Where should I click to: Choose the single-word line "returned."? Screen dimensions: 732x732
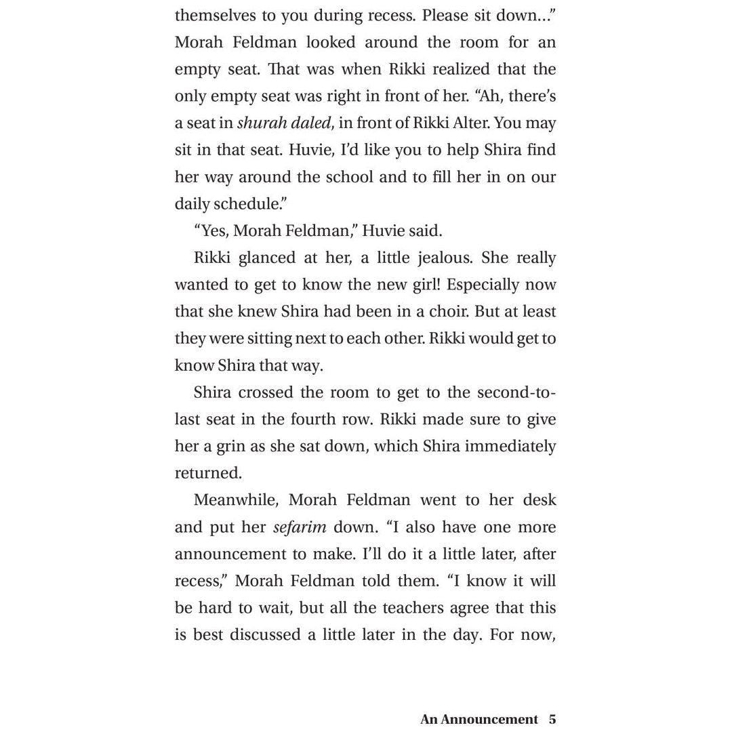coord(208,473)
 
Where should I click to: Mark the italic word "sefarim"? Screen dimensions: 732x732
coord(300,527)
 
